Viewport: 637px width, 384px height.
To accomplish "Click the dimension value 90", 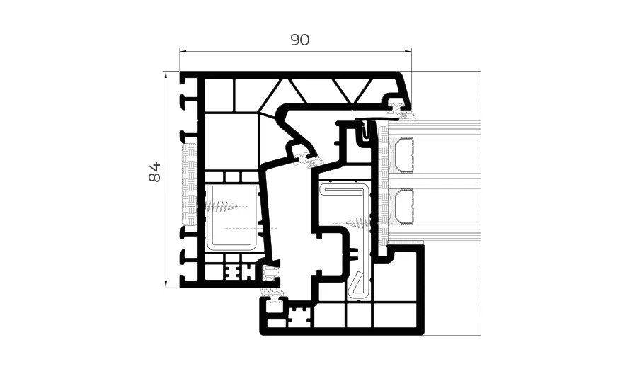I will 300,40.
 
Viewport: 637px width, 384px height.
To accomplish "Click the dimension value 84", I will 155,171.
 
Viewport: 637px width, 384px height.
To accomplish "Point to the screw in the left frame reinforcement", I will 221,207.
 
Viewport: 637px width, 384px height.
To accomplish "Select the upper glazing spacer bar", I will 403,155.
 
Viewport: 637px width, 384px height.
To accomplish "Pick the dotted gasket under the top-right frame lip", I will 399,108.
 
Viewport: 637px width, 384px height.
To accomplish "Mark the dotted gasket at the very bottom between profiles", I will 271,292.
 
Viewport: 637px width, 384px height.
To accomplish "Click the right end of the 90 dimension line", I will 411,51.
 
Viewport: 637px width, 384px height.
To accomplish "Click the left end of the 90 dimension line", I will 180,51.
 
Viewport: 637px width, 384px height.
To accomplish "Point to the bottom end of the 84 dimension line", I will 166,287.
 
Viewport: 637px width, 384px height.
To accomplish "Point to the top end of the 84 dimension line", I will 166,72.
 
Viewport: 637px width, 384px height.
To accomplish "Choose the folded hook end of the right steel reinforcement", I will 357,284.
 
